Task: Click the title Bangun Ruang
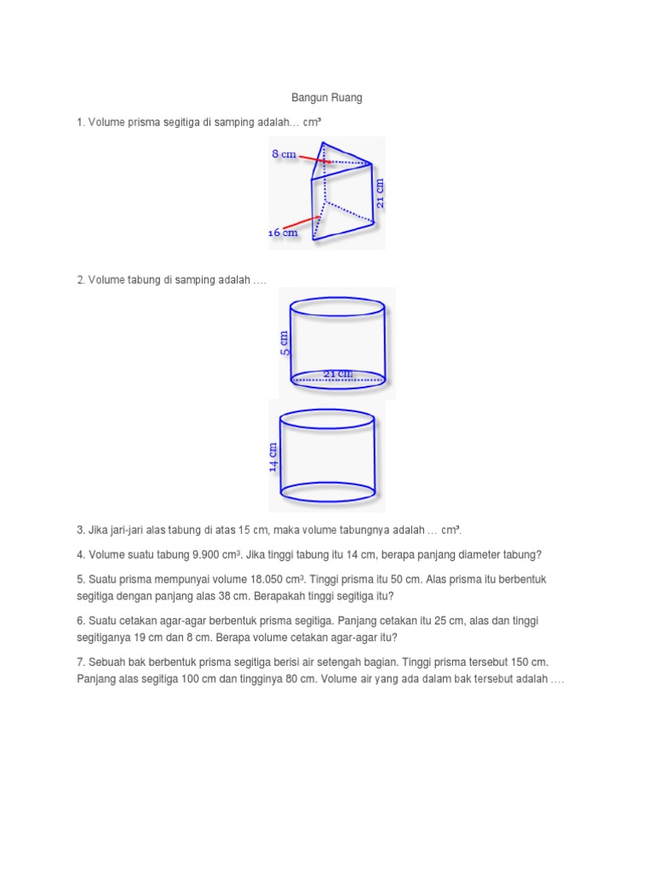coord(326,98)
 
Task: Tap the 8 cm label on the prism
coord(284,154)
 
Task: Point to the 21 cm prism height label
coord(380,193)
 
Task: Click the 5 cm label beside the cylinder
coord(284,343)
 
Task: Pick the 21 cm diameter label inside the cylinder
coord(338,373)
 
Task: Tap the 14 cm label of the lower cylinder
coord(273,456)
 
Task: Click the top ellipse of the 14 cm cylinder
coord(328,418)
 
